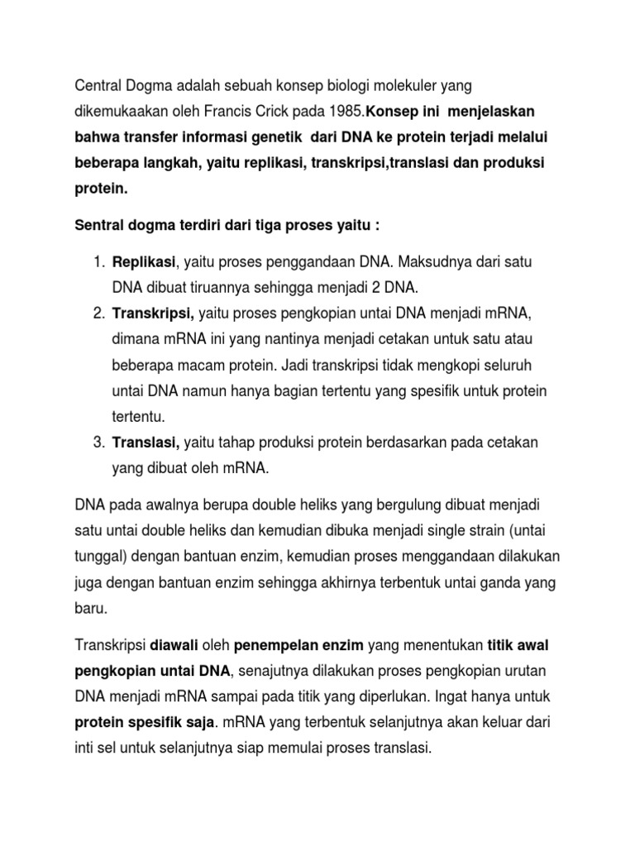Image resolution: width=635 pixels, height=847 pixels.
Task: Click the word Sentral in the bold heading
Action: pyautogui.click(x=101, y=227)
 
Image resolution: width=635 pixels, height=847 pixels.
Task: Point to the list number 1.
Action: pyautogui.click(x=98, y=262)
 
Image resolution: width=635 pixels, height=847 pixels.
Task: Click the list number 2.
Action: pyautogui.click(x=98, y=313)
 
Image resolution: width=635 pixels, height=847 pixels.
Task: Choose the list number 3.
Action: pyautogui.click(x=98, y=443)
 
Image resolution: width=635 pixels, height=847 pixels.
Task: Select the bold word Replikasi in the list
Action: pyautogui.click(x=144, y=262)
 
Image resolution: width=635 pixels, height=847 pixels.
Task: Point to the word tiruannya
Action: pyautogui.click(x=222, y=288)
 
